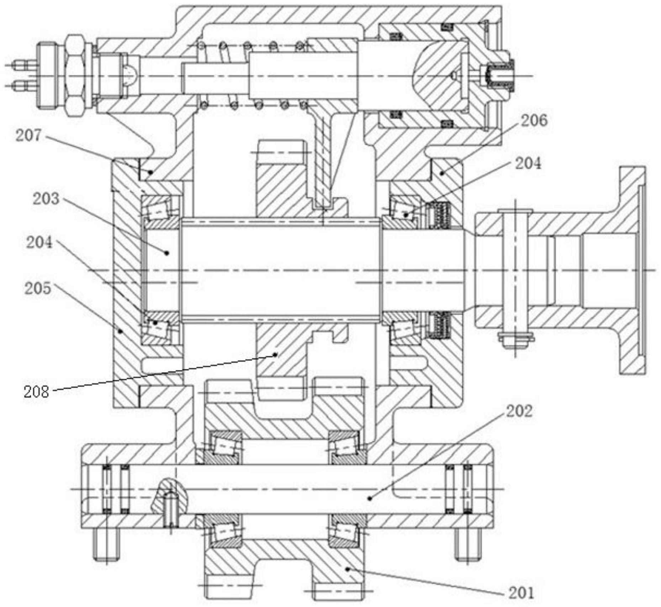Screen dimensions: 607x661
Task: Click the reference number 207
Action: [28, 136]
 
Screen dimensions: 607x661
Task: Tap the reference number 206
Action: [534, 121]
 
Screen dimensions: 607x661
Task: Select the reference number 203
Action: [46, 199]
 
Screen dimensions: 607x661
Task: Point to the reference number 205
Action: [38, 289]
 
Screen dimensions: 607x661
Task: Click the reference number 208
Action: [36, 392]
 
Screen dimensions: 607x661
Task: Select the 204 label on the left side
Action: [39, 243]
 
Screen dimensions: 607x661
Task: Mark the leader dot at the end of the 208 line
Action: [275, 354]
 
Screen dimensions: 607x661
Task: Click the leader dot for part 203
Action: [166, 253]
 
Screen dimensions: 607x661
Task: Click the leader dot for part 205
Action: [121, 331]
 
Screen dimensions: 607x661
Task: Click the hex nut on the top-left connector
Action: [75, 76]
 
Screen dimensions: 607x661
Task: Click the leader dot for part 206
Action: [442, 173]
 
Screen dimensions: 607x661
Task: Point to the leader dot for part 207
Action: [151, 172]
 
